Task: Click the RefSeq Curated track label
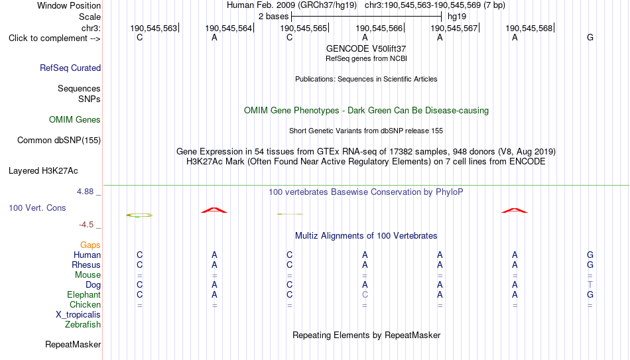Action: click(x=70, y=68)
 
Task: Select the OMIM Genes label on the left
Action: click(x=75, y=120)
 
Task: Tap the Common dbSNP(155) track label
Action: click(x=59, y=141)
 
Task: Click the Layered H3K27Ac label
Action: click(x=43, y=171)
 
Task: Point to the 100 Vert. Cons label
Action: click(x=37, y=208)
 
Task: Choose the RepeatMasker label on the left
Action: click(x=73, y=344)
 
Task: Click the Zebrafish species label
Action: click(x=83, y=324)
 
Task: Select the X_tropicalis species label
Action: click(x=78, y=315)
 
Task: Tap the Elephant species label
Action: click(x=84, y=294)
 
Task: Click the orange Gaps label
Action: click(x=90, y=245)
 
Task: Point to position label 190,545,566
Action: click(x=379, y=28)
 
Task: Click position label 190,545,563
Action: click(x=153, y=28)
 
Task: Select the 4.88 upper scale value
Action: click(x=85, y=191)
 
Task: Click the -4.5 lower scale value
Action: click(x=86, y=225)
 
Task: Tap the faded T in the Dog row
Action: click(x=590, y=285)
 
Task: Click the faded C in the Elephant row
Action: click(x=365, y=294)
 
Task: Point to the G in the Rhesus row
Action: click(x=590, y=265)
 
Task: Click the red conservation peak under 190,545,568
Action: click(x=515, y=210)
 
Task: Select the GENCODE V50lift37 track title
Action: click(x=366, y=48)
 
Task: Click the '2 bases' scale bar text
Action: click(x=274, y=17)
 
